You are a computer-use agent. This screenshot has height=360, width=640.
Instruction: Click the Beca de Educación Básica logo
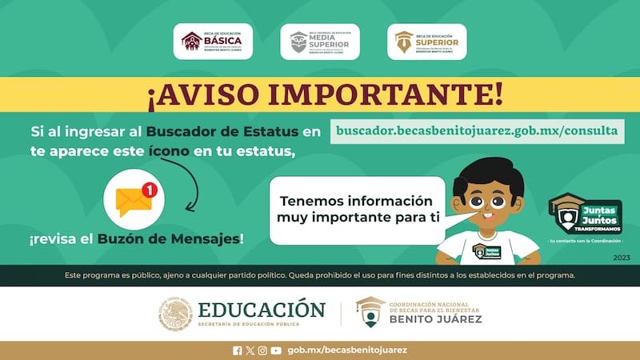pyautogui.click(x=214, y=42)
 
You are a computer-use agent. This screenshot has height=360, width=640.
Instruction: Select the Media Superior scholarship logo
pyautogui.click(x=320, y=42)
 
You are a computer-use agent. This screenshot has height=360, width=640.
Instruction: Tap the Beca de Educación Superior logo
pyautogui.click(x=426, y=42)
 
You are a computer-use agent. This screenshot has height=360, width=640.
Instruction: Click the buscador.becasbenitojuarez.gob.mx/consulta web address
pyautogui.click(x=478, y=130)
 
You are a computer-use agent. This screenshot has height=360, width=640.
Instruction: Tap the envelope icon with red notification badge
pyautogui.click(x=134, y=202)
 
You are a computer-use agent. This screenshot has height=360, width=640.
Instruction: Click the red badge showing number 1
pyautogui.click(x=148, y=190)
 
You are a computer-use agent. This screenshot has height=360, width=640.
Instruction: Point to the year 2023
pyautogui.click(x=621, y=258)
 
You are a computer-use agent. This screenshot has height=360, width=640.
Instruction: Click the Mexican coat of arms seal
pyautogui.click(x=175, y=314)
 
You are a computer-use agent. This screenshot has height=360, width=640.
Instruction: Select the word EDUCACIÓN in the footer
pyautogui.click(x=262, y=310)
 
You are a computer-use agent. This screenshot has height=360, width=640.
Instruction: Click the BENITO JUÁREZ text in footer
pyautogui.click(x=435, y=319)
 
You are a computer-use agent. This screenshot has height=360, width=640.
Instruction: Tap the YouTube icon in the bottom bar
pyautogui.click(x=276, y=350)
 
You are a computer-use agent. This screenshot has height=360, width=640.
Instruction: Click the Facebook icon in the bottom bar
pyautogui.click(x=237, y=350)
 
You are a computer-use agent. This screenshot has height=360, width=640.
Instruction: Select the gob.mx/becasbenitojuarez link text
pyautogui.click(x=346, y=350)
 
